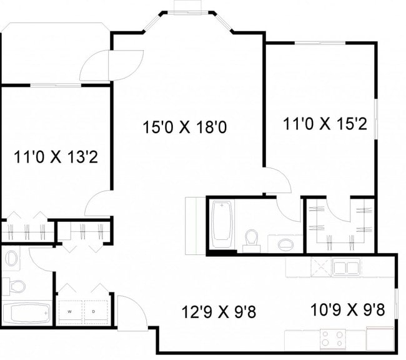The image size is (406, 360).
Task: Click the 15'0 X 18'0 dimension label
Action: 184,127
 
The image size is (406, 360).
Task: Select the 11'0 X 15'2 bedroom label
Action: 324,124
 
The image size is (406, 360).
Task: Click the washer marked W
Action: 70,311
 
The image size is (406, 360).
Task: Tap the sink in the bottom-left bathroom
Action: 11,257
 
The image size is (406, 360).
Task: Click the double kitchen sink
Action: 345,268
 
